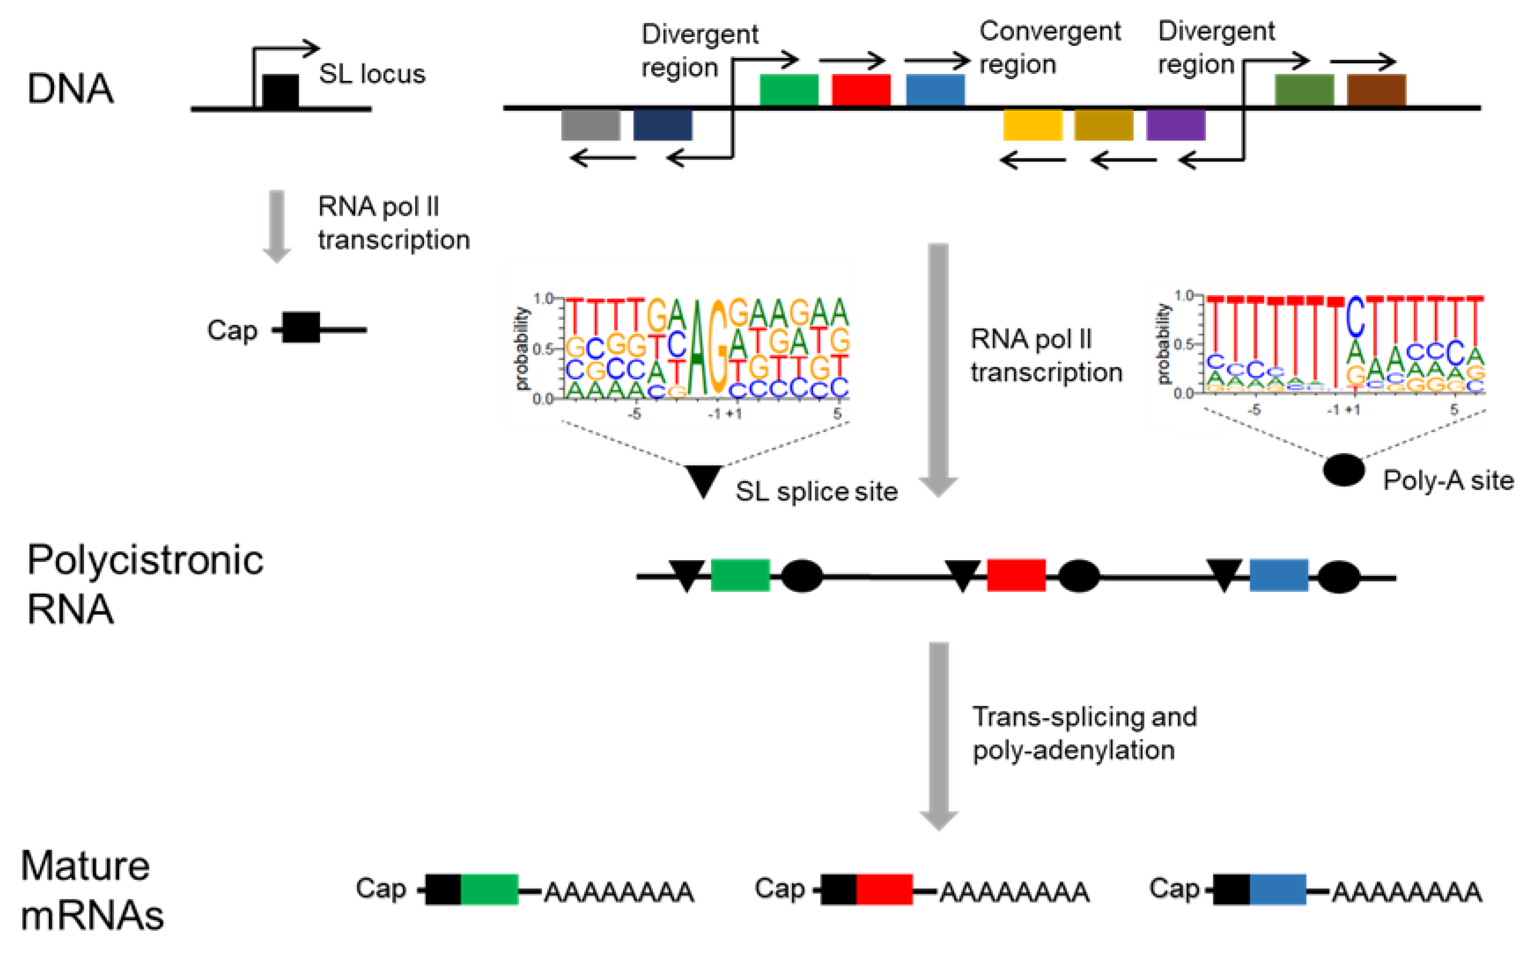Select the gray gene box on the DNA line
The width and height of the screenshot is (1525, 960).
[x=590, y=125]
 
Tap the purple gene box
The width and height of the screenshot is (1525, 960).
[x=1176, y=125]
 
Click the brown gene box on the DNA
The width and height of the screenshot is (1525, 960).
[x=1376, y=90]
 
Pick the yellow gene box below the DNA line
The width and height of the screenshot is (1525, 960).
[x=1032, y=125]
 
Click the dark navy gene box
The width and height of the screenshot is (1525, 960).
[x=662, y=125]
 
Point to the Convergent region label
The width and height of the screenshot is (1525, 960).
[x=1049, y=47]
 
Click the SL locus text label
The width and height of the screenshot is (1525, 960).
[x=372, y=74]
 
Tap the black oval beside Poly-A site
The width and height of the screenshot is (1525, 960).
[x=1343, y=470]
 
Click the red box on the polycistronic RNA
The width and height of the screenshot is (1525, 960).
[x=1016, y=575]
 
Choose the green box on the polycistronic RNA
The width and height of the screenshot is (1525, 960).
[x=740, y=575]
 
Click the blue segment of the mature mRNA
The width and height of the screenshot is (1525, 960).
[x=1278, y=889]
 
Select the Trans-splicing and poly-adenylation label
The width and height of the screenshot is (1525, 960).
[x=1084, y=733]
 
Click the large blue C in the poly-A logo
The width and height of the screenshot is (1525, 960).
[x=1355, y=316]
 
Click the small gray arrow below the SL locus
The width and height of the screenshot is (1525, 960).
[x=277, y=226]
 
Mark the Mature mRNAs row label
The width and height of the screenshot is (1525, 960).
[x=92, y=890]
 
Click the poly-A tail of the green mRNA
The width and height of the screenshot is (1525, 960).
[x=618, y=892]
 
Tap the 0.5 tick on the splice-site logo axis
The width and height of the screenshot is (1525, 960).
[x=544, y=349]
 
